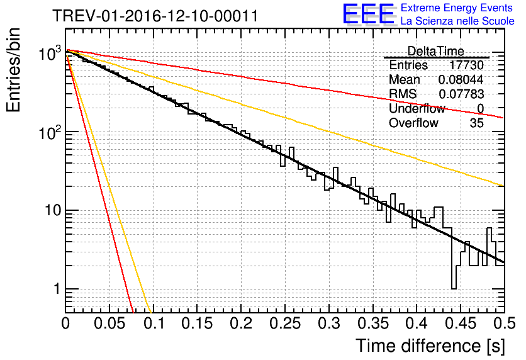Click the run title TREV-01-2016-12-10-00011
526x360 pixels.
pyautogui.click(x=155, y=16)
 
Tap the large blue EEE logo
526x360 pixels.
pyautogui.click(x=368, y=14)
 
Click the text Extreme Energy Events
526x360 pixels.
pyautogui.click(x=457, y=8)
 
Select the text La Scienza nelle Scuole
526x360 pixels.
pyautogui.click(x=457, y=21)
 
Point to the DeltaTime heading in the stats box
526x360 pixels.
pyautogui.click(x=435, y=51)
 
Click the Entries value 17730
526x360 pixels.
pyautogui.click(x=466, y=65)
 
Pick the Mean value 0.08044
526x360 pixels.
pyautogui.click(x=461, y=80)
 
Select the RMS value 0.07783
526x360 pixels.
pyautogui.click(x=461, y=94)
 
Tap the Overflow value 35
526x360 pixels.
pyautogui.click(x=476, y=123)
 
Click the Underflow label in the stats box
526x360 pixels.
pyautogui.click(x=417, y=109)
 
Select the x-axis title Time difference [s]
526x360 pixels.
pyautogui.click(x=430, y=346)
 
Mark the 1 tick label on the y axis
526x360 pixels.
pyautogui.click(x=55, y=290)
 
